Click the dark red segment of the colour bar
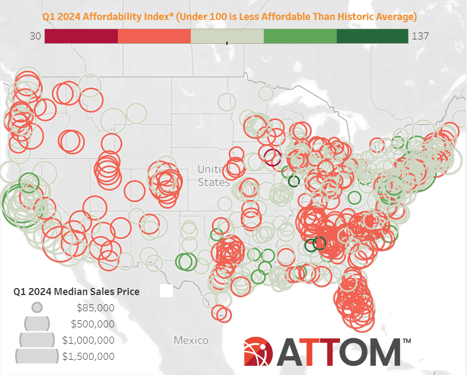tap(81, 36)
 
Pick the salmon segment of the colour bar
tap(154, 36)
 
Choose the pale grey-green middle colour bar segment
tap(227, 36)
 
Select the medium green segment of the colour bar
tap(300, 36)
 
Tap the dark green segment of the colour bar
tap(372, 36)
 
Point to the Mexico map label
tap(191, 340)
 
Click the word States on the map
tap(214, 182)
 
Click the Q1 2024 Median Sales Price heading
tap(76, 291)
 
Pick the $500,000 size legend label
tap(92, 324)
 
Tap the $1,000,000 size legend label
tap(88, 340)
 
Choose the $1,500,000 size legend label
tap(88, 356)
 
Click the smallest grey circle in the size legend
tap(37, 307)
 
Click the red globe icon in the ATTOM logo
tap(258, 351)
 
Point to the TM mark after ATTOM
tap(406, 341)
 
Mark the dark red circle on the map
tap(273, 157)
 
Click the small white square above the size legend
tap(166, 291)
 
